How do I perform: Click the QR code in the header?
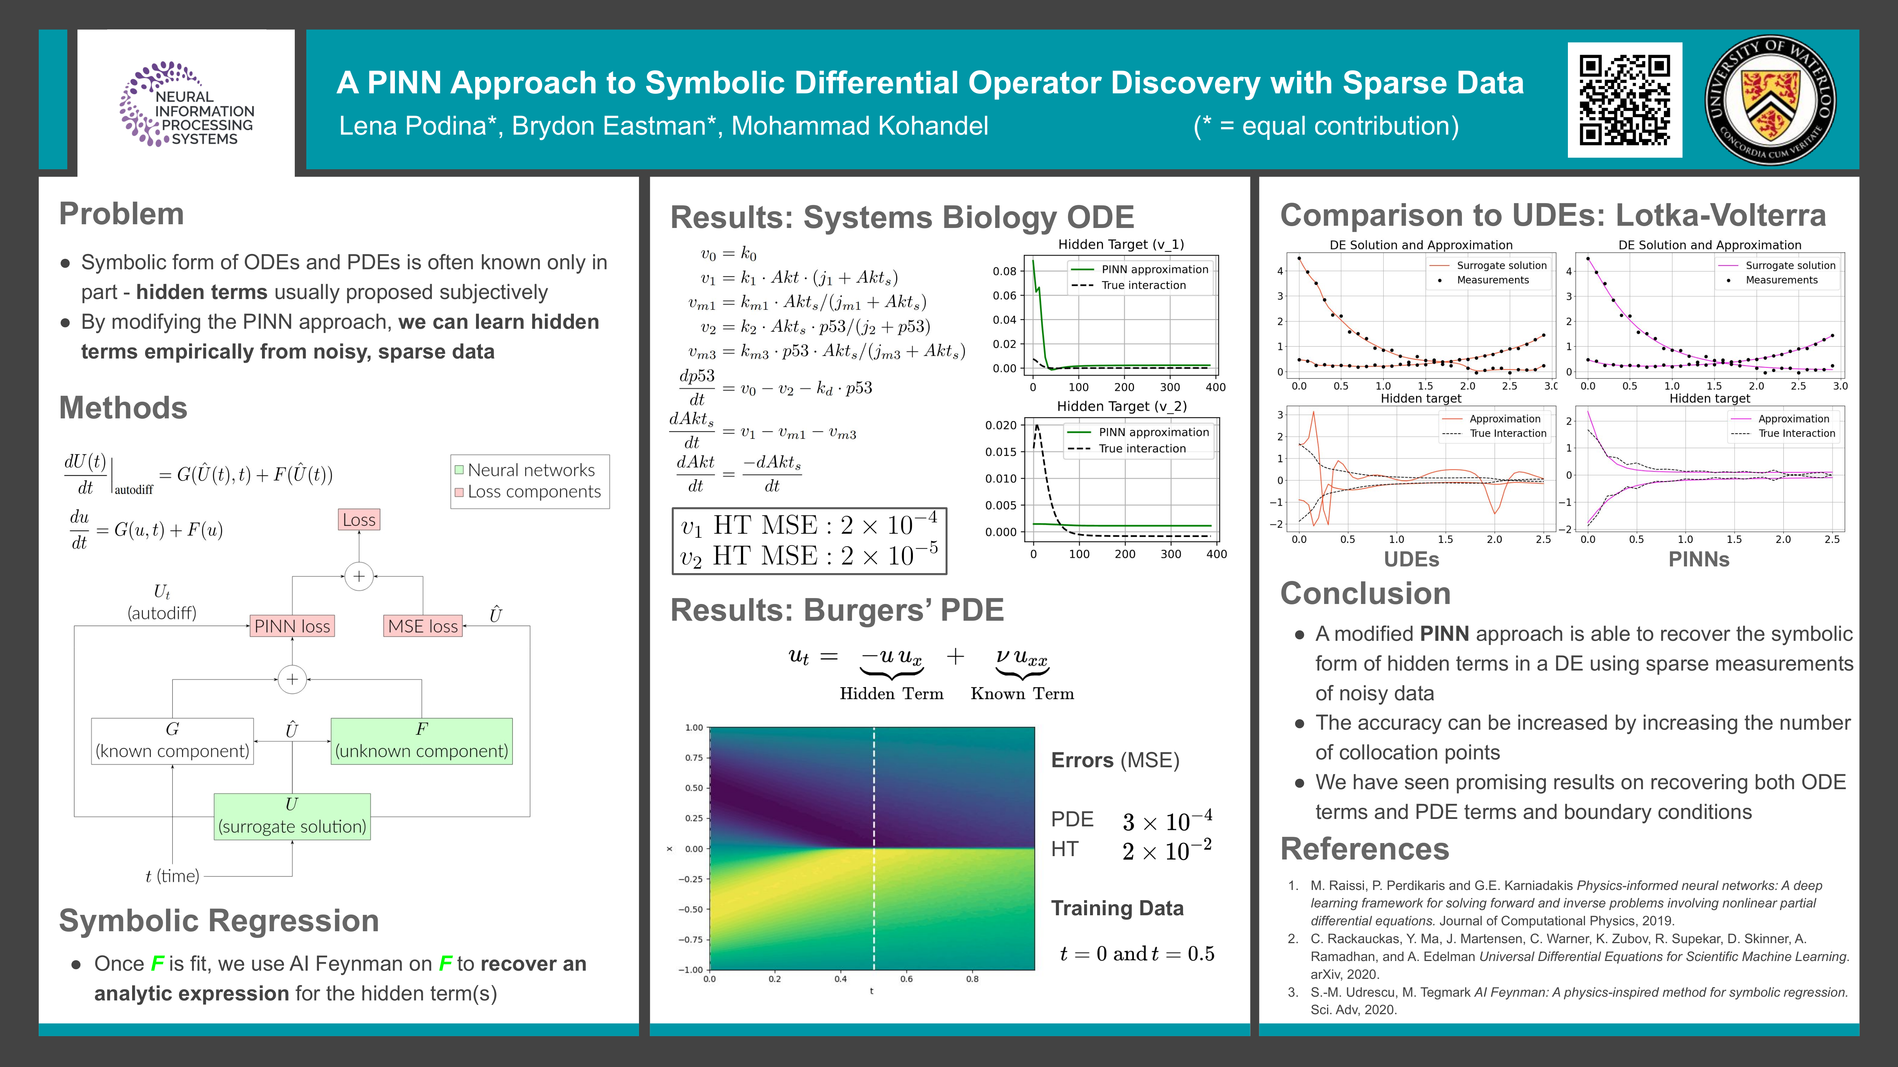click(1624, 100)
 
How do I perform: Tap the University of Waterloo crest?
click(1770, 100)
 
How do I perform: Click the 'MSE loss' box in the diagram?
click(423, 626)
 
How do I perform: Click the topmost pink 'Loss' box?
click(359, 520)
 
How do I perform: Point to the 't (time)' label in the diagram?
click(172, 875)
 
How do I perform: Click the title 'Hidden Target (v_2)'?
click(1121, 406)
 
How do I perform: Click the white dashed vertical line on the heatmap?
click(874, 847)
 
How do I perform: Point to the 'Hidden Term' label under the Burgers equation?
click(892, 694)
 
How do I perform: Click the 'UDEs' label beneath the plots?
click(1411, 560)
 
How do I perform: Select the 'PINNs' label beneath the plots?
click(1698, 560)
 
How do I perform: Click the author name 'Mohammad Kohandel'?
click(860, 126)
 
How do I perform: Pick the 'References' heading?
click(1365, 849)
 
